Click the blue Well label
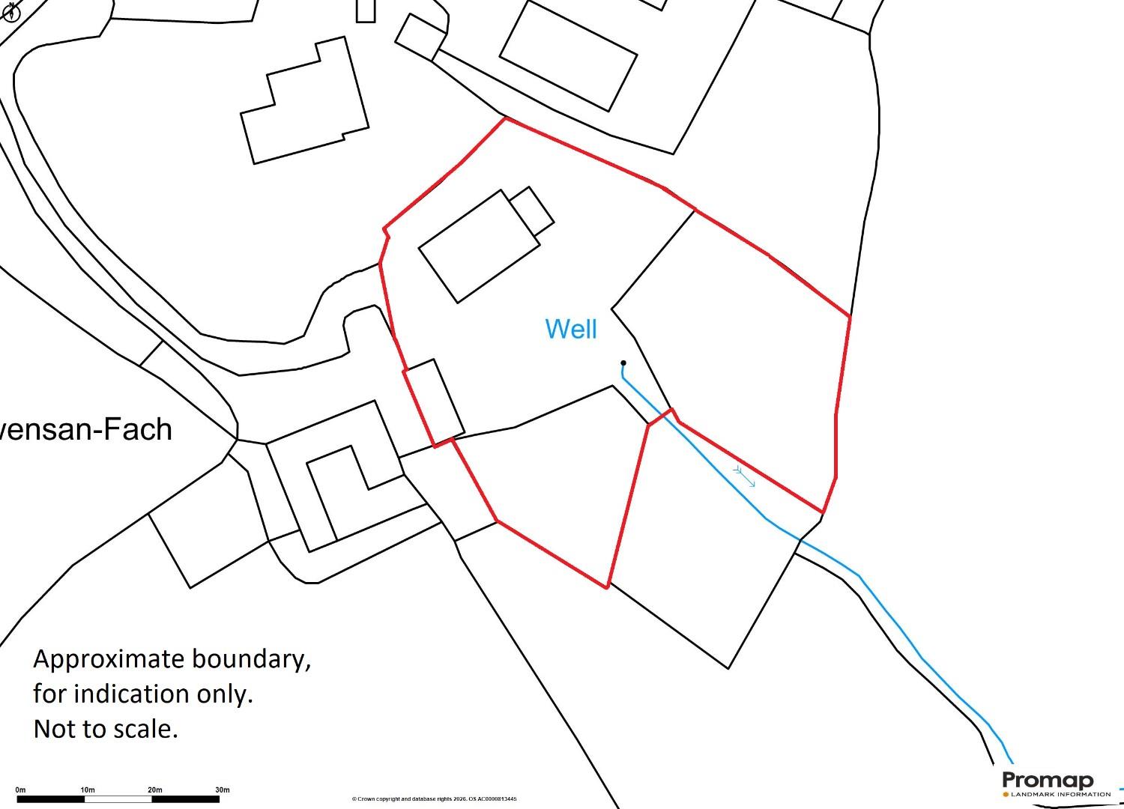click(571, 329)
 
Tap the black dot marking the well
click(623, 363)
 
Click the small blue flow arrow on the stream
click(744, 476)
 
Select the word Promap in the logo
click(1048, 781)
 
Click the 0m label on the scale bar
click(20, 790)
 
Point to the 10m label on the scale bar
click(87, 790)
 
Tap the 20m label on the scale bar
click(154, 790)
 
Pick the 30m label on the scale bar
click(222, 790)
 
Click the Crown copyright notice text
click(434, 799)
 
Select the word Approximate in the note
click(109, 659)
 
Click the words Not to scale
click(106, 729)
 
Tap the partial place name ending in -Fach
click(86, 429)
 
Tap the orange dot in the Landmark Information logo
click(1006, 794)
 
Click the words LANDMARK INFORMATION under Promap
click(1060, 794)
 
